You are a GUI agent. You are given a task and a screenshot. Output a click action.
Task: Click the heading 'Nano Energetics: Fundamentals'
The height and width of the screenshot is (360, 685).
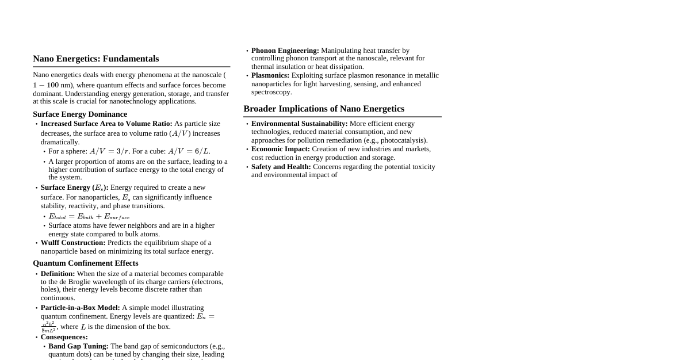tap(95, 59)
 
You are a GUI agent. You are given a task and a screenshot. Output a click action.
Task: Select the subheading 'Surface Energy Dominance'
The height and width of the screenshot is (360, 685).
tap(80, 114)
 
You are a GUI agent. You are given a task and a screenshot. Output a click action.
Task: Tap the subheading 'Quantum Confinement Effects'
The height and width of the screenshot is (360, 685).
tap(85, 263)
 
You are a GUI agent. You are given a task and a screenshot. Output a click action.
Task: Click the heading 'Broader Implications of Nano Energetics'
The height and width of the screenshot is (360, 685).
tap(324, 109)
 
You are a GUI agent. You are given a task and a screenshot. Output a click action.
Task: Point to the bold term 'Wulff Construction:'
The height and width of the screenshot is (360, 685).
tap(73, 243)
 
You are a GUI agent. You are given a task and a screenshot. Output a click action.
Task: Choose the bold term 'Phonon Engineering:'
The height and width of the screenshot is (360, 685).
tap(285, 51)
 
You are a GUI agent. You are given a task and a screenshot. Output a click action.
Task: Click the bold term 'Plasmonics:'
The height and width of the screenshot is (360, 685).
tap(270, 75)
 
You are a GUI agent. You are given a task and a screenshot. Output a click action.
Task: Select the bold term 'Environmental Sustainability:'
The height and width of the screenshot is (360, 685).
tap(299, 124)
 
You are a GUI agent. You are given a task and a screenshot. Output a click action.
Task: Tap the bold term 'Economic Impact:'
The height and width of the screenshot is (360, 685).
tap(280, 149)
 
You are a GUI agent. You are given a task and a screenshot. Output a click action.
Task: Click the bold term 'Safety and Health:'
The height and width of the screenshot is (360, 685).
tap(281, 167)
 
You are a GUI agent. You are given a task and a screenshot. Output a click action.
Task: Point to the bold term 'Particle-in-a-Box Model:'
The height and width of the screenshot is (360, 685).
tap(80, 308)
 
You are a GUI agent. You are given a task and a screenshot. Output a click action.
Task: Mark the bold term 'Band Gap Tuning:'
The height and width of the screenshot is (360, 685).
tap(78, 346)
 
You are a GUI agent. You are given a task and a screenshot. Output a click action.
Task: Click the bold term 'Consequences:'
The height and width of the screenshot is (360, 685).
tap(64, 337)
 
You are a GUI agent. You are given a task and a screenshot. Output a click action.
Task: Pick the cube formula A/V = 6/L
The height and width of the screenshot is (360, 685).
tap(189, 151)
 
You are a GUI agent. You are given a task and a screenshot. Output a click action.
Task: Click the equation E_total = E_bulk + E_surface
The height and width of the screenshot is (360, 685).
tap(89, 216)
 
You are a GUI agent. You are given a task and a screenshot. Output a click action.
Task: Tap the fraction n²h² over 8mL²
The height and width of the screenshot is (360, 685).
tap(48, 327)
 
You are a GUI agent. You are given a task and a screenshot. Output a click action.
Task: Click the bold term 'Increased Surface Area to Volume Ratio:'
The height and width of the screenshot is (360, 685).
tap(106, 124)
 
